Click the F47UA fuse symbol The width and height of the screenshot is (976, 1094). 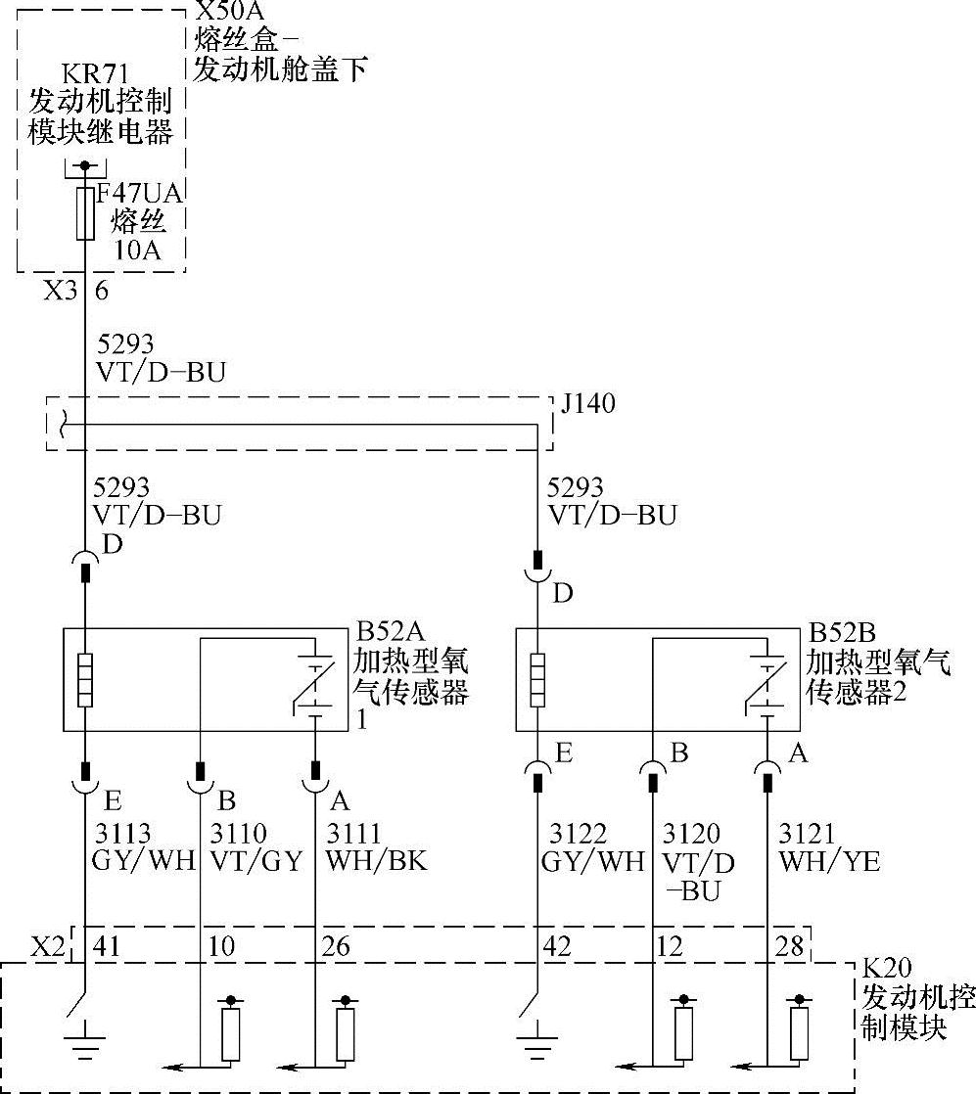point(85,214)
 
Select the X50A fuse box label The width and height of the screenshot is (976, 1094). point(233,13)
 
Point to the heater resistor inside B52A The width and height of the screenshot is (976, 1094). point(85,680)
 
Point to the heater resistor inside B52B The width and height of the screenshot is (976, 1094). point(537,680)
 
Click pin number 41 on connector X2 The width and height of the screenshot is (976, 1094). point(106,946)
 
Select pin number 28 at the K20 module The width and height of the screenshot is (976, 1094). point(789,946)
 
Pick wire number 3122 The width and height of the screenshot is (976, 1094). point(578,834)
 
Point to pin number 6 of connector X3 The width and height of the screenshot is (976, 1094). point(101,291)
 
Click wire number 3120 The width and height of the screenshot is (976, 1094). point(691,834)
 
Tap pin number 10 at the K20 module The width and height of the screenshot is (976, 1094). point(223,946)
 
